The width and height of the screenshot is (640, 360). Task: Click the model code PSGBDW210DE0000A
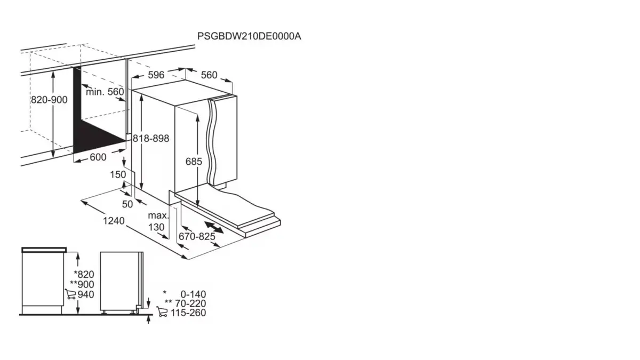point(249,36)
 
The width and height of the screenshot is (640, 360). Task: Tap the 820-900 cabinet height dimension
point(49,100)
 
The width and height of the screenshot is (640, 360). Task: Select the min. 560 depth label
point(105,92)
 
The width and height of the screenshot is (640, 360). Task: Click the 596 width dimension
point(156,75)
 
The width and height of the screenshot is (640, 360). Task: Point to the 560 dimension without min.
point(209,75)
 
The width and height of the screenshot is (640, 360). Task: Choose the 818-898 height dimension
point(151,138)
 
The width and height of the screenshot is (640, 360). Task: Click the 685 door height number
point(194,161)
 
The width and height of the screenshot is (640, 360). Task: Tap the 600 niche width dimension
point(98,157)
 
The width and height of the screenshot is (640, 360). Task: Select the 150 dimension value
point(118,174)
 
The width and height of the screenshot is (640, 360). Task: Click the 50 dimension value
point(127,204)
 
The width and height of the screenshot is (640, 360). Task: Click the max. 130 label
point(157,221)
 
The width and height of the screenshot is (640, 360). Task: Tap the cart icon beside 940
point(70,294)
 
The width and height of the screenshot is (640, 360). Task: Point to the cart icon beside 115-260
point(163,312)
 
